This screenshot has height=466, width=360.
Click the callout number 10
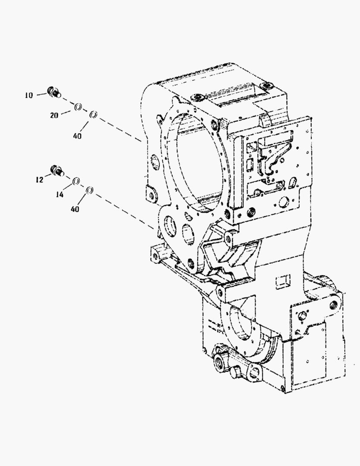(29, 95)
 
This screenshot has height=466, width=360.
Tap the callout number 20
(54, 115)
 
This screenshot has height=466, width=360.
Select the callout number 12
(39, 180)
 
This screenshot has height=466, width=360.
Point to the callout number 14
(59, 195)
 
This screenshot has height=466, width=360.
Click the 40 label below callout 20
(77, 136)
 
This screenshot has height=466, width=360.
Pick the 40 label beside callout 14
(75, 209)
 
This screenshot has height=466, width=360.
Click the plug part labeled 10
(55, 92)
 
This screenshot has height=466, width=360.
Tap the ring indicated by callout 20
(78, 107)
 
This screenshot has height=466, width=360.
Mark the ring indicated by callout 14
(76, 181)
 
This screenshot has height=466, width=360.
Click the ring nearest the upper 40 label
(93, 114)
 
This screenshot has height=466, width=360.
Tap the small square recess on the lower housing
(283, 281)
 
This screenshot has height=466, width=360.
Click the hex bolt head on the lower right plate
(303, 316)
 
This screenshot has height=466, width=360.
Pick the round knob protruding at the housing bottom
(235, 372)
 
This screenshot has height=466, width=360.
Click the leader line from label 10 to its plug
(42, 94)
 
